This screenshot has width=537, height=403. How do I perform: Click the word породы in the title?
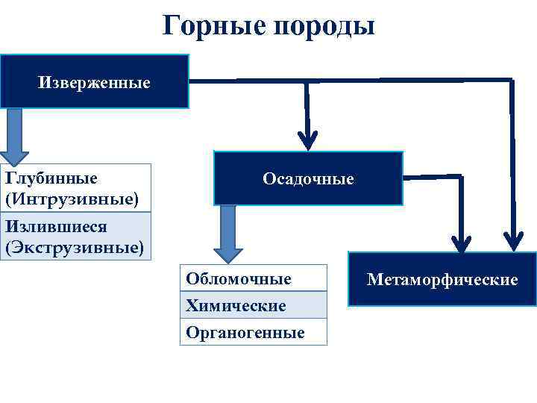pyautogui.click(x=324, y=28)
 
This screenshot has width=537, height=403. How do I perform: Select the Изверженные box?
pyautogui.click(x=94, y=81)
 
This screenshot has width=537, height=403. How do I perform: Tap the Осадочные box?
pyautogui.click(x=308, y=178)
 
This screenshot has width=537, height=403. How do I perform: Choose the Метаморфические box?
pyautogui.click(x=442, y=279)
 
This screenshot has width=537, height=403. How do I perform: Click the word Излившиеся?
pyautogui.click(x=56, y=226)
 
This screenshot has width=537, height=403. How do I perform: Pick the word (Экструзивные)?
pyautogui.click(x=75, y=247)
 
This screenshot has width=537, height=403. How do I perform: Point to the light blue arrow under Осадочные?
pyautogui.click(x=227, y=233)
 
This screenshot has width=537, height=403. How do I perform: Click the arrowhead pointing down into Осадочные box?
pyautogui.click(x=307, y=139)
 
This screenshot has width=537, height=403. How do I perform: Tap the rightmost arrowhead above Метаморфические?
pyautogui.click(x=513, y=239)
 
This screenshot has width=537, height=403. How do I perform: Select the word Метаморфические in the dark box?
pyautogui.click(x=442, y=280)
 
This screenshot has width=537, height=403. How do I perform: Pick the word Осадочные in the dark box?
pyautogui.click(x=308, y=179)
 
